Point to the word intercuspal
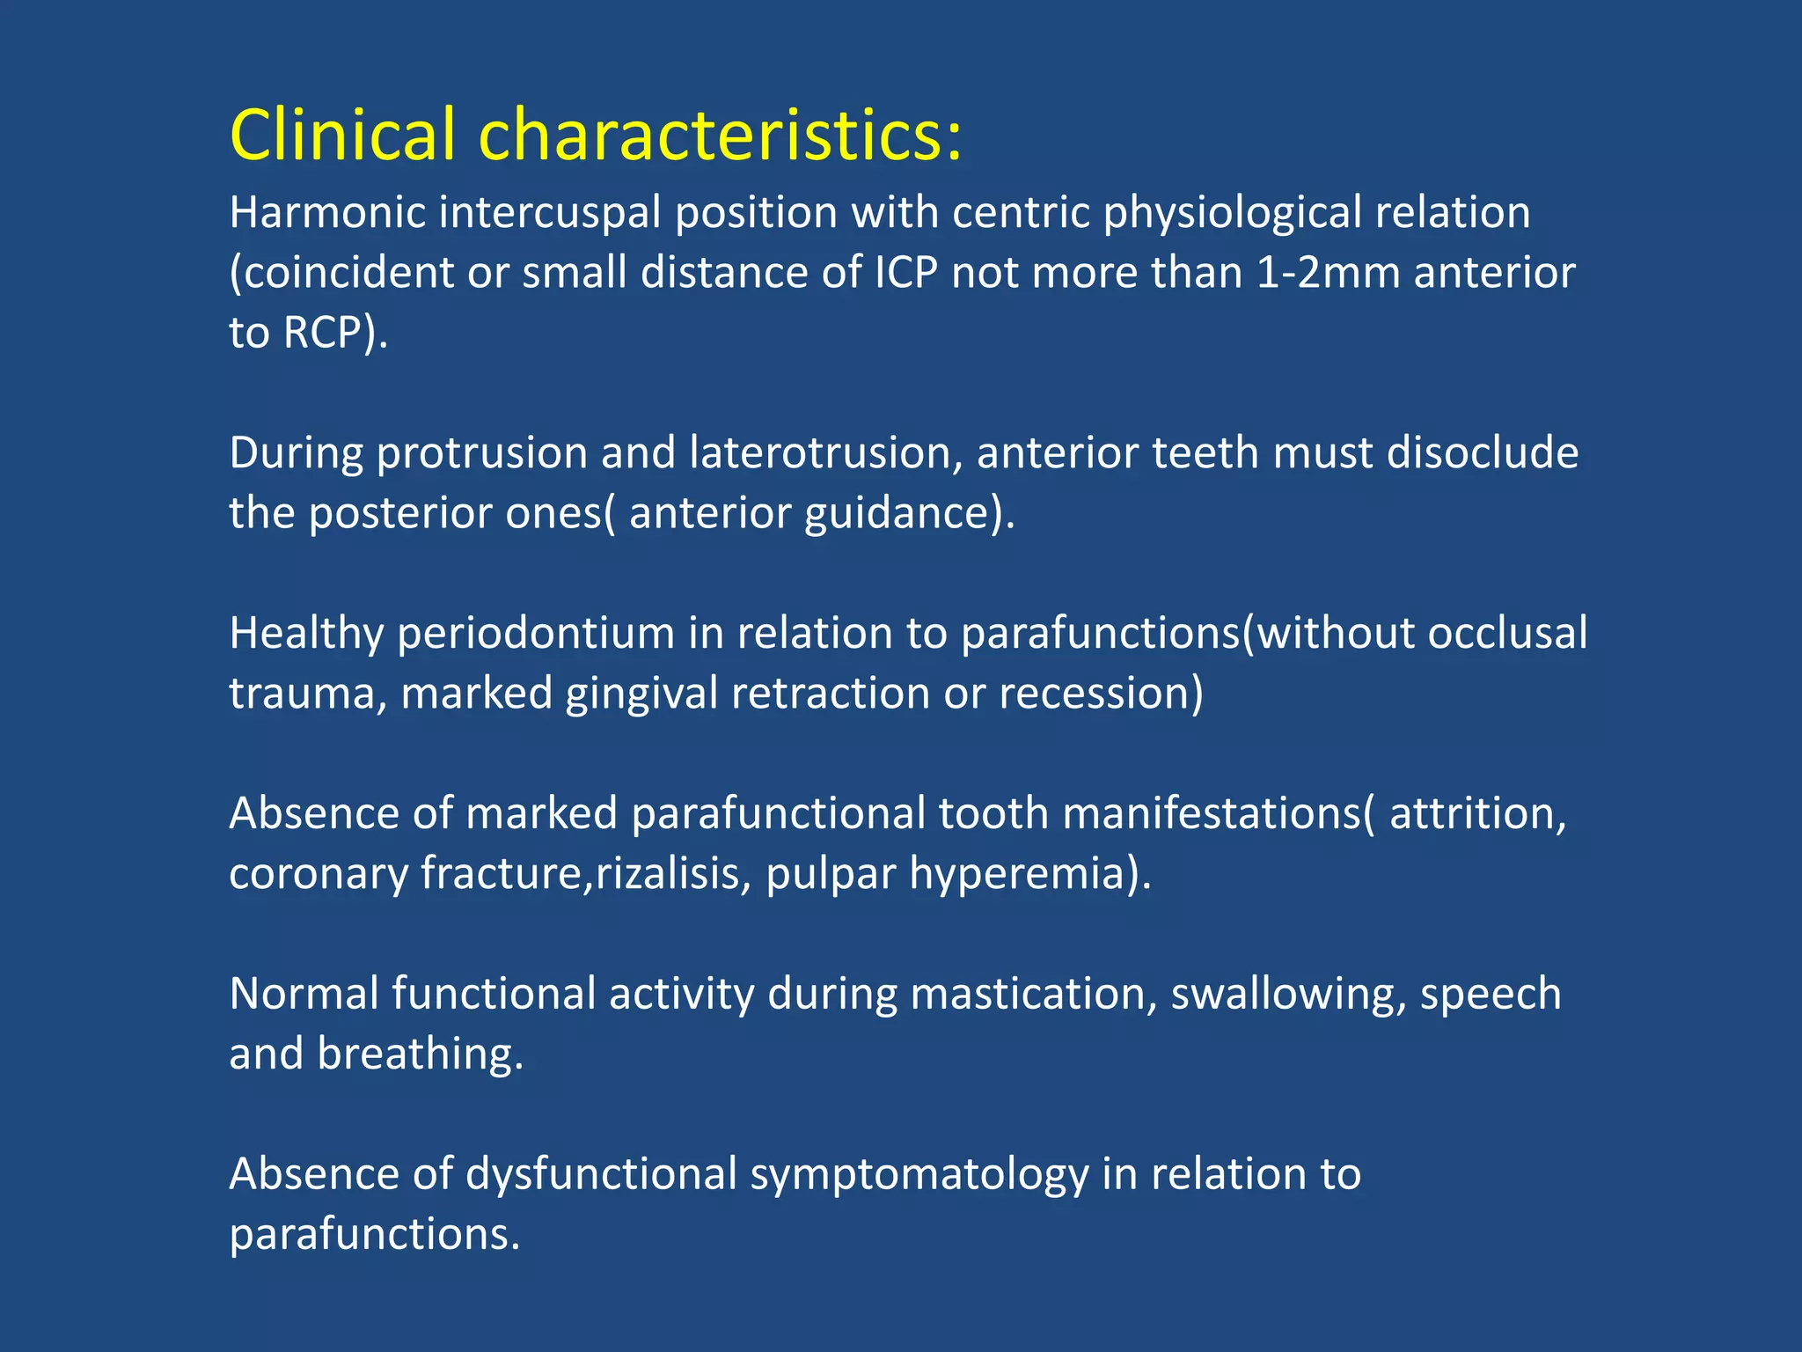(x=550, y=213)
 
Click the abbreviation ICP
(x=905, y=273)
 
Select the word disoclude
(x=1483, y=453)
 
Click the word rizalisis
(x=667, y=874)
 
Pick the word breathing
(x=418, y=1054)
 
